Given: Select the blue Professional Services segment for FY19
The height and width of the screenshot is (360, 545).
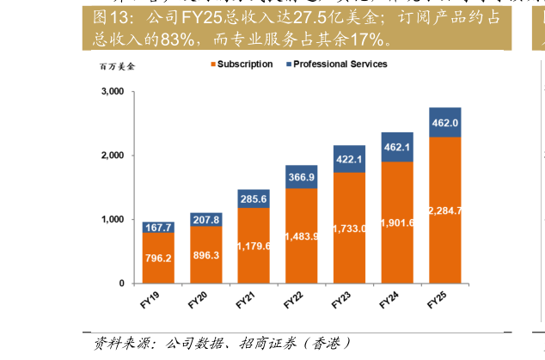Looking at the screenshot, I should click(x=158, y=227).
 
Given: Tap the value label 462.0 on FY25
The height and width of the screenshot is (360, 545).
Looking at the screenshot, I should click(x=445, y=123).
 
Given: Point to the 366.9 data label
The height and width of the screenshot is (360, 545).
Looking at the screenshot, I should click(x=302, y=177).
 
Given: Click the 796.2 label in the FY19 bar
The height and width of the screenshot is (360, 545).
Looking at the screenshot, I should click(x=158, y=258).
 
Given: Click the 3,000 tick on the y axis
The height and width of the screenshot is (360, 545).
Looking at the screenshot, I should click(x=113, y=92).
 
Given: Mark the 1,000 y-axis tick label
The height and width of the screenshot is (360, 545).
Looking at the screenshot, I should click(x=113, y=220).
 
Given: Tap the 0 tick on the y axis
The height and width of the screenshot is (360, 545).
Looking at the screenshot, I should click(x=121, y=284).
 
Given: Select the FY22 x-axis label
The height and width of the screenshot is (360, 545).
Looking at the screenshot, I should click(x=294, y=301).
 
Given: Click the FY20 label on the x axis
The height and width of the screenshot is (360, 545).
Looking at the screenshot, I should click(x=199, y=301).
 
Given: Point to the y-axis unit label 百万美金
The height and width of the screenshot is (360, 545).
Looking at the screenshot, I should click(x=117, y=65).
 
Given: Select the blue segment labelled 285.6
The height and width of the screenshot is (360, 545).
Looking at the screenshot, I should click(x=254, y=199).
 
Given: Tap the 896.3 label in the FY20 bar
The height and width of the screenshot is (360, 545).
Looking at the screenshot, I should click(x=206, y=255).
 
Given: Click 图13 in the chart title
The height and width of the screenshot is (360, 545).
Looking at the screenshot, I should click(x=113, y=17).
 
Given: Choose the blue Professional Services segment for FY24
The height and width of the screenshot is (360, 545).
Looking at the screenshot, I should click(x=397, y=147).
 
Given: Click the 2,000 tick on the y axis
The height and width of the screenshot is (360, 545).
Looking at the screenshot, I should click(x=113, y=156).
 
